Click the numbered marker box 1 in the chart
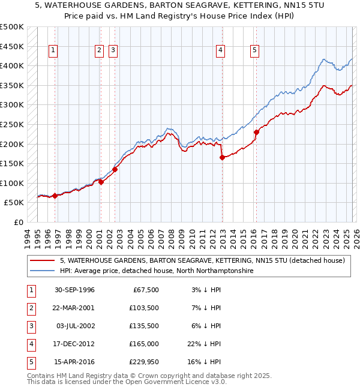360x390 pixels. tap(54, 51)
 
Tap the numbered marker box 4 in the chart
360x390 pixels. tap(221, 51)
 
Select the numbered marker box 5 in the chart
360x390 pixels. tap(255, 51)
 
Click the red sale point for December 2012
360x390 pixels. tap(222, 158)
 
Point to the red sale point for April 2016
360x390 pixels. tap(256, 132)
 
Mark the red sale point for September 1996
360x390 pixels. tap(55, 196)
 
